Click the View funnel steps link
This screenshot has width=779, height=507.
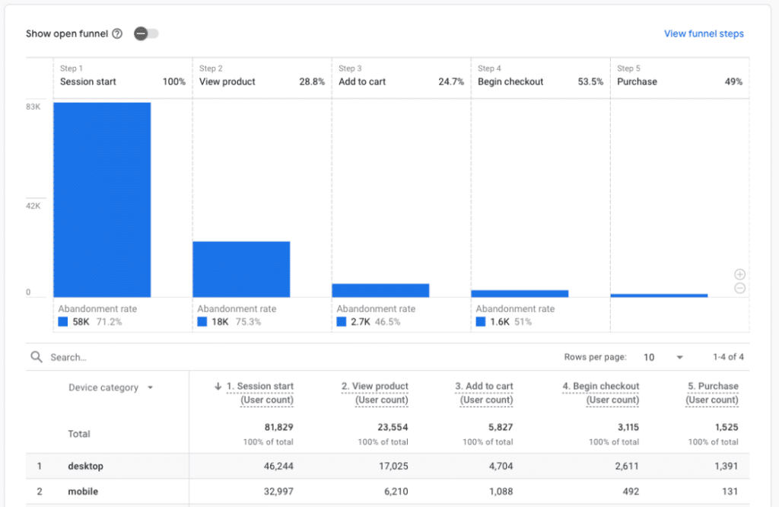pyautogui.click(x=704, y=33)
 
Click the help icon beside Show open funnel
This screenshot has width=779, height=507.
pyautogui.click(x=117, y=33)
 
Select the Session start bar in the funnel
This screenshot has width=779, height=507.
pyautogui.click(x=102, y=199)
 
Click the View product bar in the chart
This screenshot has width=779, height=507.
pyautogui.click(x=241, y=269)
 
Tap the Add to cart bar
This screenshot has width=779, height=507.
pyautogui.click(x=380, y=290)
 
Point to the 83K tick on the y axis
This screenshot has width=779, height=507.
pyautogui.click(x=33, y=107)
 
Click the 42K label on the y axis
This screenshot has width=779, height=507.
pyautogui.click(x=33, y=206)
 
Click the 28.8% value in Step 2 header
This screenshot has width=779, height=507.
pyautogui.click(x=312, y=82)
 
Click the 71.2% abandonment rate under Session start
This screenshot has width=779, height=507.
pyautogui.click(x=109, y=322)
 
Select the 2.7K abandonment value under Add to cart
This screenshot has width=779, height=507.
pyautogui.click(x=360, y=322)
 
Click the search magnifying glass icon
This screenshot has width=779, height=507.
pyautogui.click(x=37, y=357)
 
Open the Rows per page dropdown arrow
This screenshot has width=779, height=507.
pyautogui.click(x=679, y=358)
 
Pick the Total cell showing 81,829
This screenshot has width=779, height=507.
pyautogui.click(x=278, y=427)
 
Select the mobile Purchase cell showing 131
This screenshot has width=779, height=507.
pyautogui.click(x=730, y=492)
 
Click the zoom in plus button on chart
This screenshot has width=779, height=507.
pyautogui.click(x=739, y=274)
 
